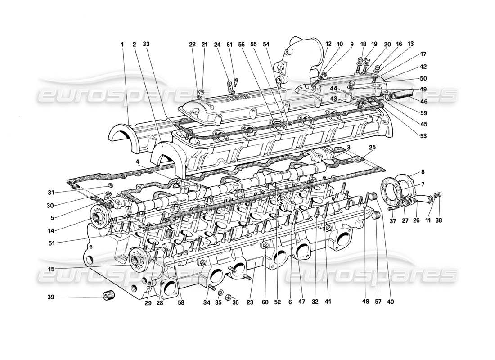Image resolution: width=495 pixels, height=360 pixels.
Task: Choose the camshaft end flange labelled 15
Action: [135, 260]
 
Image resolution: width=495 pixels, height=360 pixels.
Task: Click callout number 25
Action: [372, 148]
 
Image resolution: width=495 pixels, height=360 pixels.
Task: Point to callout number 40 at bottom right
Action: [390, 302]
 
